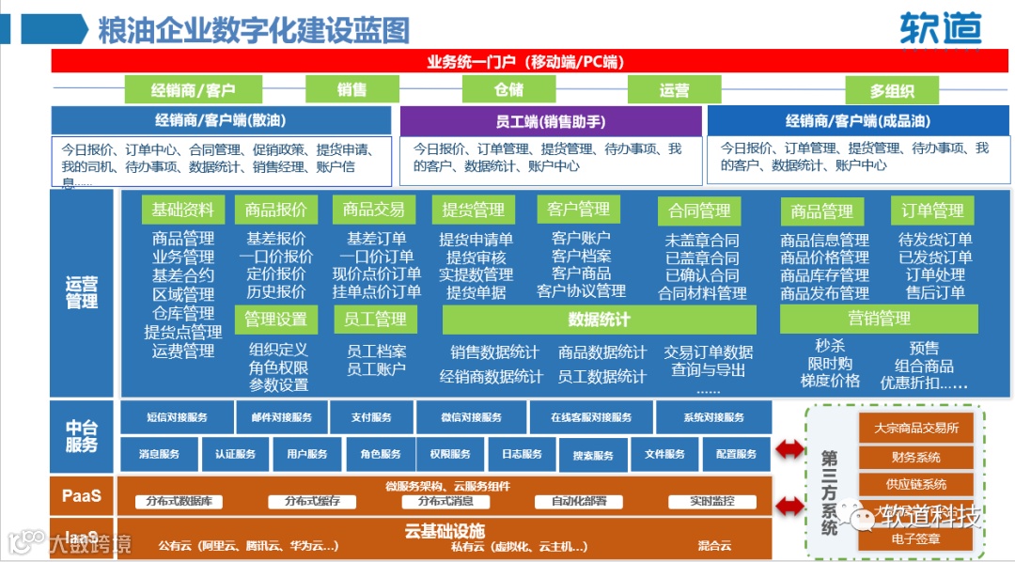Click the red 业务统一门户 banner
click(525, 62)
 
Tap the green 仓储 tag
click(508, 89)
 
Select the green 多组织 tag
click(891, 90)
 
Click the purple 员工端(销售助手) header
click(551, 120)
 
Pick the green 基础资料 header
click(182, 210)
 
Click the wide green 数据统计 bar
click(599, 320)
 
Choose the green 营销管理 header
click(879, 319)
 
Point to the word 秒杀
click(830, 347)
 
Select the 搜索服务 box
click(593, 455)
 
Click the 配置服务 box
click(736, 454)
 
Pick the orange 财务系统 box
click(915, 458)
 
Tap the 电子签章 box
click(915, 539)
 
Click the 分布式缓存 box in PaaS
click(312, 501)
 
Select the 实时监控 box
click(711, 501)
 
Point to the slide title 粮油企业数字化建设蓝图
click(254, 29)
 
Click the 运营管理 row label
click(82, 292)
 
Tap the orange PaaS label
click(82, 494)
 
